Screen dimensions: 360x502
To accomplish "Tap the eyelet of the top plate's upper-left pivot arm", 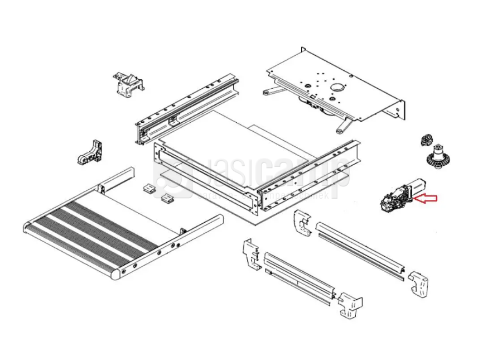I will click(x=266, y=90).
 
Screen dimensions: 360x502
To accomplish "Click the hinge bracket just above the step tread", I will click(x=91, y=152).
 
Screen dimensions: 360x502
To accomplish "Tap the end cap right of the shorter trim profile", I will click(x=350, y=305).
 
